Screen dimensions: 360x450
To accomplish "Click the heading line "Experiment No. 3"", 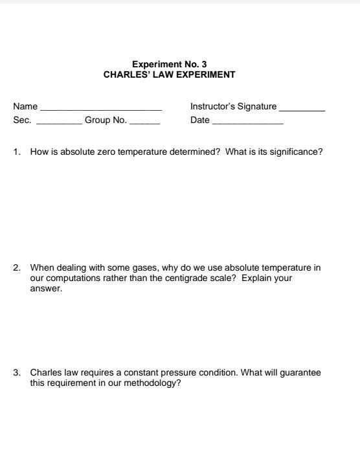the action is pos(169,64).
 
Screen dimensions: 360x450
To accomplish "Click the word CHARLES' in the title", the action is pos(124,74).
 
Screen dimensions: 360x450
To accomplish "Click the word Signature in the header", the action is pos(257,107).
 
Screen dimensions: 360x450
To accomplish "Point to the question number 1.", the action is pos(17,152).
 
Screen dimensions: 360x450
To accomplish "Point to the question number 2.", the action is pos(17,267).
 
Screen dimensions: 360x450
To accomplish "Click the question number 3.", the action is pos(17,373).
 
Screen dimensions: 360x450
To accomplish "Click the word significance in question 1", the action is pos(298,152).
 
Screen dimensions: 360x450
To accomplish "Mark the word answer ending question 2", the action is pos(46,289).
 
